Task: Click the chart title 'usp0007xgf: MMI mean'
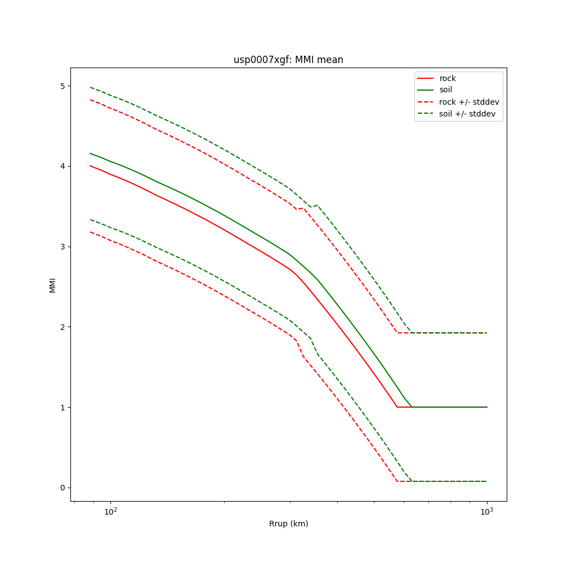288,60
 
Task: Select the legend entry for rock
448,78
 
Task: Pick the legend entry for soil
445,90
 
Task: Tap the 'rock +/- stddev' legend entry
469,102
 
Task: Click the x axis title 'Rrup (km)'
288,524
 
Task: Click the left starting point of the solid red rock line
90,166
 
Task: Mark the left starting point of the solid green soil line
90,153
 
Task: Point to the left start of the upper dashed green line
90,87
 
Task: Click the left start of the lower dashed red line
90,232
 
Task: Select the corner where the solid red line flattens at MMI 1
397,407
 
